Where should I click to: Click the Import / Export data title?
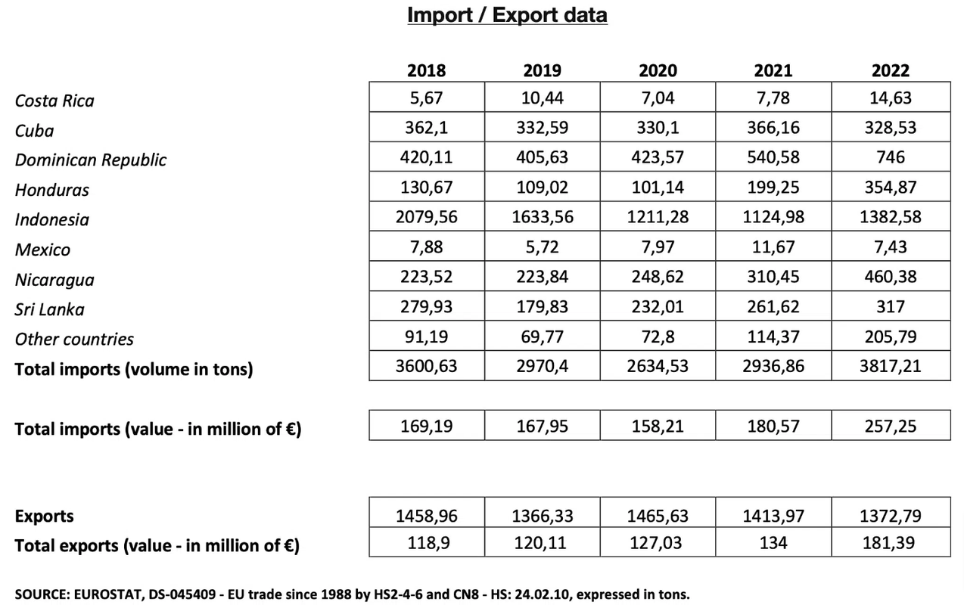(x=507, y=15)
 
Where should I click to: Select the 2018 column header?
(x=427, y=71)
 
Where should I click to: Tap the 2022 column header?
(x=890, y=71)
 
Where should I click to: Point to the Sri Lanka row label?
(x=50, y=309)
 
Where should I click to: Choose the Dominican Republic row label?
(x=90, y=160)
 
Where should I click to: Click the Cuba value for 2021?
(x=773, y=128)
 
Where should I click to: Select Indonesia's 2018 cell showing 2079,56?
(x=427, y=218)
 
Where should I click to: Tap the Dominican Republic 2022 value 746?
(x=890, y=158)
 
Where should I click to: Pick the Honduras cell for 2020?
(x=658, y=188)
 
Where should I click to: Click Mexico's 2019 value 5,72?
(x=542, y=247)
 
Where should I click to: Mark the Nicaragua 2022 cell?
(x=890, y=278)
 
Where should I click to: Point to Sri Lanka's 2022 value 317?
(x=890, y=307)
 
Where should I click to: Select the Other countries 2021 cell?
(x=773, y=337)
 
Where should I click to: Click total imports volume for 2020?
(x=658, y=367)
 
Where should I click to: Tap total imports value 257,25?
(x=890, y=427)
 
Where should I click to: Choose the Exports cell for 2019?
(x=542, y=517)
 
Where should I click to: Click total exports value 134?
(x=773, y=543)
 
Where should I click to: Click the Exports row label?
(x=45, y=517)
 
